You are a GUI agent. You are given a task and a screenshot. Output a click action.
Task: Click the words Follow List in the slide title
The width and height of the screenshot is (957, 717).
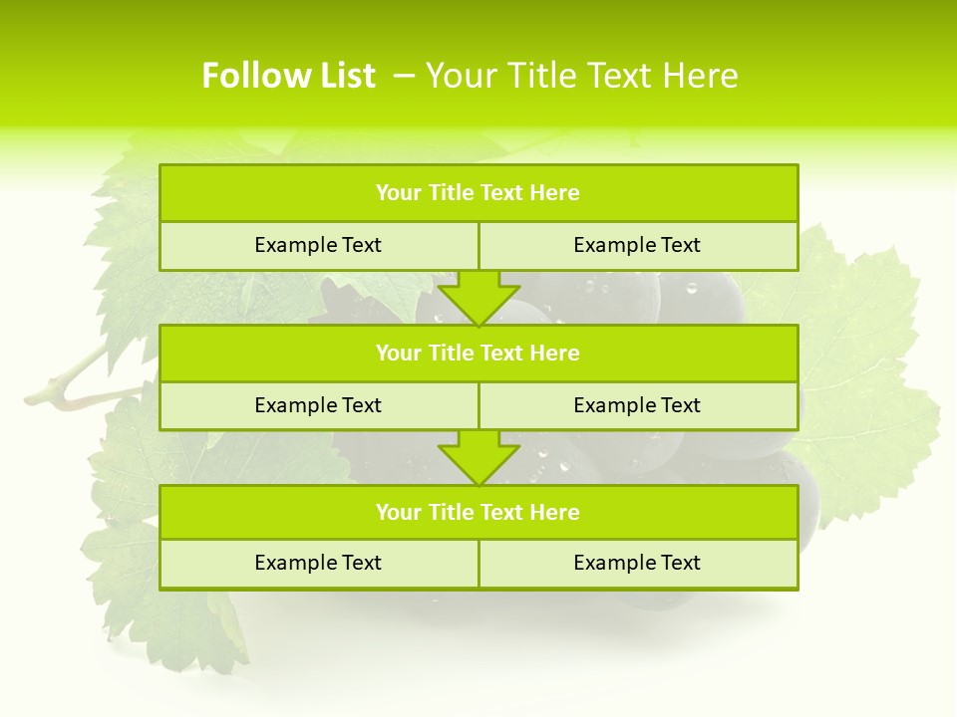click(288, 76)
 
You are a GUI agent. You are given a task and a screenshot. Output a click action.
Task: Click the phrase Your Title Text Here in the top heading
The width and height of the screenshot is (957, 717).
click(581, 76)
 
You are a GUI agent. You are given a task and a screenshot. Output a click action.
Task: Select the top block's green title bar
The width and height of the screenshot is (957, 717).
click(478, 193)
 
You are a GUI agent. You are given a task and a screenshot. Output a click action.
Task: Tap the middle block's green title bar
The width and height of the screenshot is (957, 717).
click(478, 354)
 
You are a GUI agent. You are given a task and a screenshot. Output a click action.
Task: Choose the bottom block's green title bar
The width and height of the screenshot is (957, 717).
click(478, 513)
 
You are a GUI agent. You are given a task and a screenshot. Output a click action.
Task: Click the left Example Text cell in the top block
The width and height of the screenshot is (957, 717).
click(318, 246)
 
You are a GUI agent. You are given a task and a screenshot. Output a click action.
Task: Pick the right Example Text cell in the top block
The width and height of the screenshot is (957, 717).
click(637, 246)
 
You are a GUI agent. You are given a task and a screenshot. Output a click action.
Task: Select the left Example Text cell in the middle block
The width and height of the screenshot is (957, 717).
click(318, 406)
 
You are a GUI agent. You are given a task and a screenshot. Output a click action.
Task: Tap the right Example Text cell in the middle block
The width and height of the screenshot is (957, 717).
click(637, 406)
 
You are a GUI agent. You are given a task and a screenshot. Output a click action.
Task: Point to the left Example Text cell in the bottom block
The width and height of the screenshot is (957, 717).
click(318, 564)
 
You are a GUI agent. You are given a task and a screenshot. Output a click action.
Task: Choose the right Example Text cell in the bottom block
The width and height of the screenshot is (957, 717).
click(637, 564)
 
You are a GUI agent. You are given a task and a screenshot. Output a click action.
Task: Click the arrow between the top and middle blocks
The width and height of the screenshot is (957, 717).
click(478, 297)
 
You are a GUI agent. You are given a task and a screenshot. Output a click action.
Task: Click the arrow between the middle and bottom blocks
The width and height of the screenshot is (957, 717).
click(478, 457)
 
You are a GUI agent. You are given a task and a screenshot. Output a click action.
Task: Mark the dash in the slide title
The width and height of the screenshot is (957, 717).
click(404, 76)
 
